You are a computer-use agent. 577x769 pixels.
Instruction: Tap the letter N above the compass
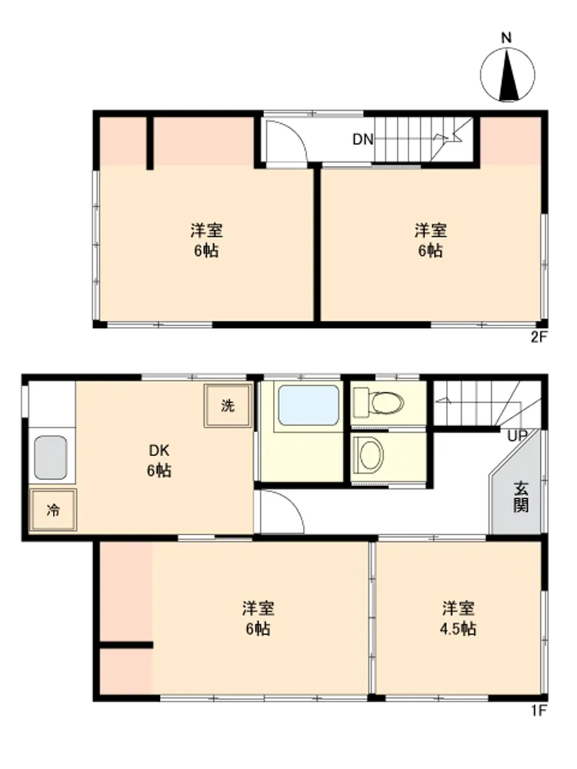tap(506, 38)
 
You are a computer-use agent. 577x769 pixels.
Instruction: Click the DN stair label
tap(362, 140)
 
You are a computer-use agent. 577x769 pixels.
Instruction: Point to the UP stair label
tap(518, 435)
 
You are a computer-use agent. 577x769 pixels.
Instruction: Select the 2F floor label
tap(539, 338)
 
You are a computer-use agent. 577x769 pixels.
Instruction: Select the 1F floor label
tap(539, 710)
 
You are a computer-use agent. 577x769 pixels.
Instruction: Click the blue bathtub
tap(309, 405)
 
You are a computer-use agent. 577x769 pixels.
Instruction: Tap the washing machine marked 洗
tap(228, 405)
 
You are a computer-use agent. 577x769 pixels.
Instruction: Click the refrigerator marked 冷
tap(53, 510)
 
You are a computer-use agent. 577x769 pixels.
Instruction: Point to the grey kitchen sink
tap(51, 458)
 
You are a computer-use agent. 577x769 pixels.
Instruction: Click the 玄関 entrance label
tap(521, 497)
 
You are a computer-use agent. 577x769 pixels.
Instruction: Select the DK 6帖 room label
tap(159, 460)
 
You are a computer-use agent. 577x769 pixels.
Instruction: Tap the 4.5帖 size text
tap(458, 629)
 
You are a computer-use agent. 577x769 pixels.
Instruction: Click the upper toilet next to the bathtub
tap(380, 402)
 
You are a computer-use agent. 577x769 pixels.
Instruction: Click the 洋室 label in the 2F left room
tap(206, 230)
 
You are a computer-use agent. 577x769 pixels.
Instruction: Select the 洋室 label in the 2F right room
tap(431, 230)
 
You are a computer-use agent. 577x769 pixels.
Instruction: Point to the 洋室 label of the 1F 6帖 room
tap(258, 608)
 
